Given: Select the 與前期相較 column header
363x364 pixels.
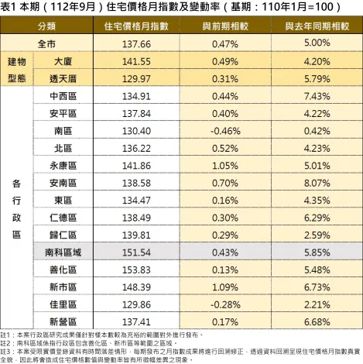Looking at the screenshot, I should [x=224, y=26].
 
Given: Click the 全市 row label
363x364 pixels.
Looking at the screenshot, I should [x=46, y=44].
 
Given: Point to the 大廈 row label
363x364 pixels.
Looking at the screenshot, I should [x=63, y=62].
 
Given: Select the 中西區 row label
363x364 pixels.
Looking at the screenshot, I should [x=63, y=97].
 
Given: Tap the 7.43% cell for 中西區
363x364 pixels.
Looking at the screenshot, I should [x=317, y=97].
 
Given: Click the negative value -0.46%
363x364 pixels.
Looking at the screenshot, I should [x=224, y=131].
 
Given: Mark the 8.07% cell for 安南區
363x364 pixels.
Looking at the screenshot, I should [x=317, y=184].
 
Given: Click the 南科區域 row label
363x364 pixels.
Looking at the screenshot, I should [x=63, y=252].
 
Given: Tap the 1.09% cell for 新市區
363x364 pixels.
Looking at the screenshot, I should [x=224, y=287].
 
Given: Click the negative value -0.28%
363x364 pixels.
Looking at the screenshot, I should [x=224, y=304].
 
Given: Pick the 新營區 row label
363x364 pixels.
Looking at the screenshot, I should [x=63, y=321].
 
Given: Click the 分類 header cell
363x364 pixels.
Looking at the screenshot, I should [x=46, y=26].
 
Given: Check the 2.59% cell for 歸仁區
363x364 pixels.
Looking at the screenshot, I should [x=317, y=235].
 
